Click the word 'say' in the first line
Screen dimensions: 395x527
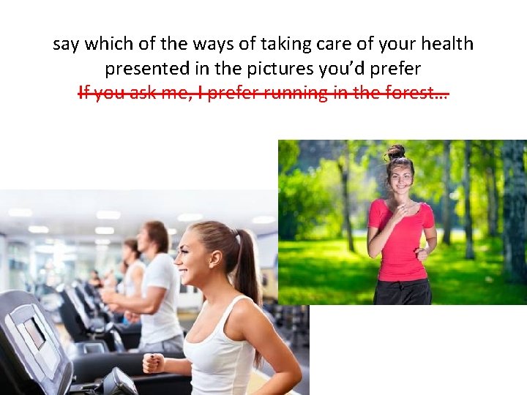(67, 45)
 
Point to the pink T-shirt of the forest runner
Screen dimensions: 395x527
(400, 245)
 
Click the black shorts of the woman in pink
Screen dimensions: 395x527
(402, 293)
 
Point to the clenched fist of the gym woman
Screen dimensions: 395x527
(153, 362)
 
